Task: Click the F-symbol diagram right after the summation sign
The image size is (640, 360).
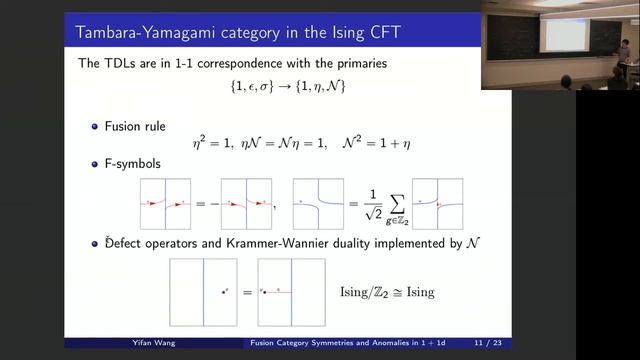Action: [436, 203]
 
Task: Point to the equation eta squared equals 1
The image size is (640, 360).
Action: [220, 144]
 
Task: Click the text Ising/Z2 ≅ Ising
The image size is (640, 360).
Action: [387, 292]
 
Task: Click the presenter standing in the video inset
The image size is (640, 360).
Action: [624, 60]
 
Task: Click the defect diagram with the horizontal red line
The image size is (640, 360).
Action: [290, 292]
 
